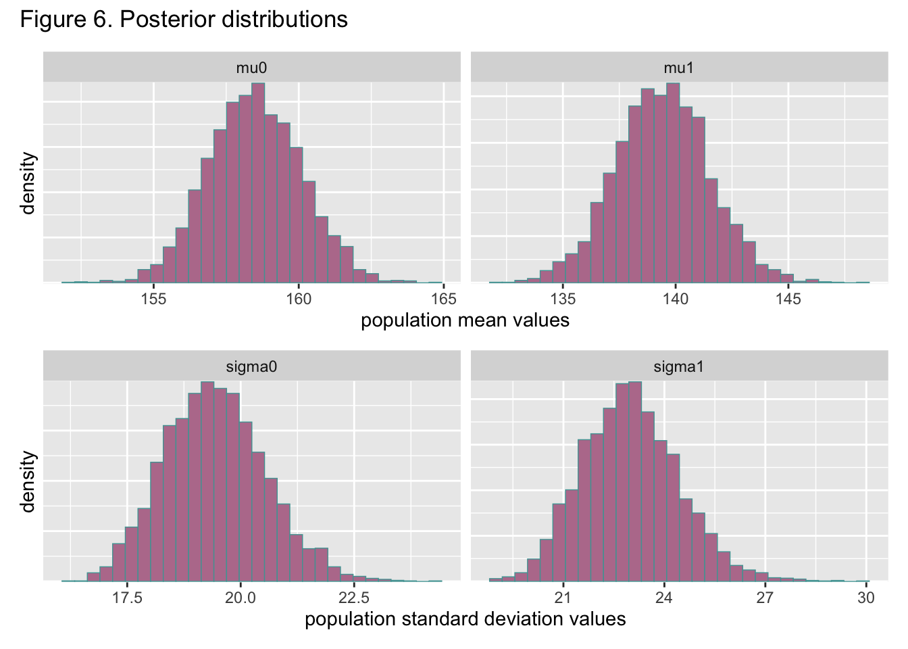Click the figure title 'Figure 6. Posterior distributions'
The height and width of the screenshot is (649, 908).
tap(184, 19)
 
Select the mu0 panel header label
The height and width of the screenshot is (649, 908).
tap(251, 67)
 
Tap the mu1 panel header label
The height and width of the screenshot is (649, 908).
tap(678, 67)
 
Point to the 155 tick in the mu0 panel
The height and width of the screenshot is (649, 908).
tap(154, 299)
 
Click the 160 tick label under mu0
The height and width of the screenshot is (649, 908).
tap(299, 299)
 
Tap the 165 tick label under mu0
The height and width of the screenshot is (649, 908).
tap(443, 299)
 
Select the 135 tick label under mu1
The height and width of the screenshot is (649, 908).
tap(563, 299)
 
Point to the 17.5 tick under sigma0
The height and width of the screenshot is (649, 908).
tap(127, 598)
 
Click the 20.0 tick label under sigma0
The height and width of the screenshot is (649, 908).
tap(240, 598)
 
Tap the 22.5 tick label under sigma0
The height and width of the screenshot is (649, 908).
tap(353, 598)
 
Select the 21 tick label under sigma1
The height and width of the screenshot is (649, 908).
tap(563, 598)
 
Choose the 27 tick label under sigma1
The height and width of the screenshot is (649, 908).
tap(765, 598)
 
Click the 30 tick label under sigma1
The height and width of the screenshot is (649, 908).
tap(865, 598)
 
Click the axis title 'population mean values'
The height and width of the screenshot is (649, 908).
tap(465, 320)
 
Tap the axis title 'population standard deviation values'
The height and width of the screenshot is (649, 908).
tap(465, 619)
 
